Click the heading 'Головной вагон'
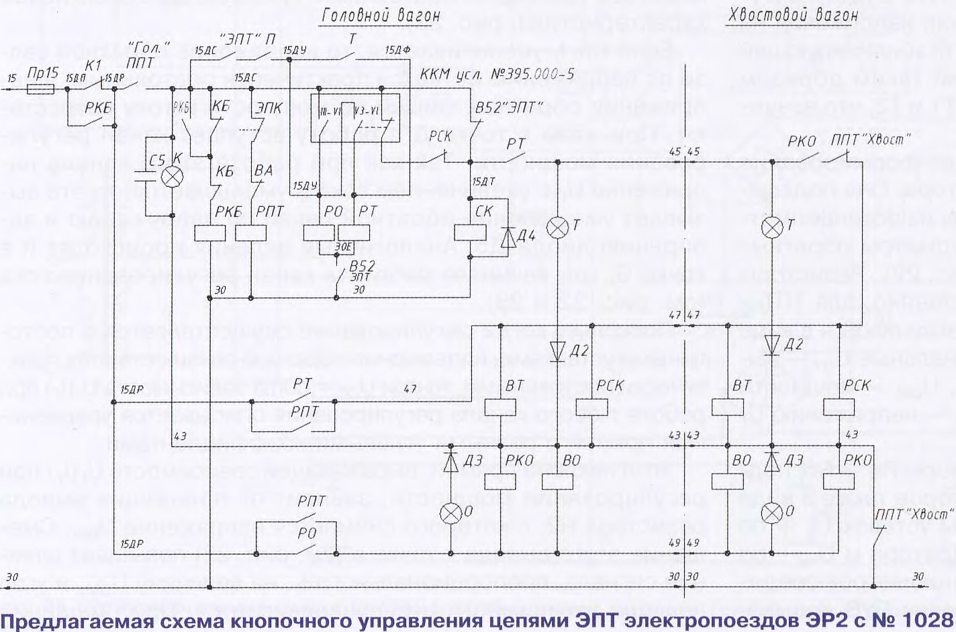click(381, 15)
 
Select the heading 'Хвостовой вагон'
click(793, 14)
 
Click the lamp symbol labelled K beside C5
click(173, 177)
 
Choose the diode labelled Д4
click(509, 237)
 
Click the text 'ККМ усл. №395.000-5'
click(497, 73)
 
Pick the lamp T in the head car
click(557, 227)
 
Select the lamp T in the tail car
click(773, 226)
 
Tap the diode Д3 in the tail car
click(773, 461)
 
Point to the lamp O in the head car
click(450, 514)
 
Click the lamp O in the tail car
click(773, 514)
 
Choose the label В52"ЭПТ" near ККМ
click(508, 107)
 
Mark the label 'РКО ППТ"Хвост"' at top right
click(849, 140)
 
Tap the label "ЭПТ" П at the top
click(247, 40)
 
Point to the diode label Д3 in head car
click(473, 460)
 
